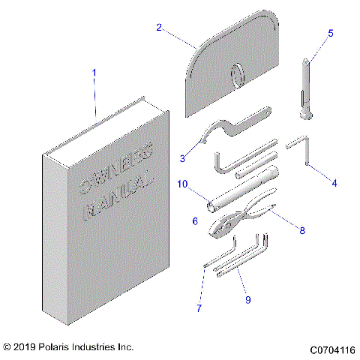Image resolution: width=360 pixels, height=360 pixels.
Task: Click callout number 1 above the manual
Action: coord(94,73)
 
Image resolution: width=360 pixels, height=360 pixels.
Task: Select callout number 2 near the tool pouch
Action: coord(159,28)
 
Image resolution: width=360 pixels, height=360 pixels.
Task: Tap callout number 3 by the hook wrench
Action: coord(182,158)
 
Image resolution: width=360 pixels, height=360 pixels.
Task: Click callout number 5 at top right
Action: coord(329,34)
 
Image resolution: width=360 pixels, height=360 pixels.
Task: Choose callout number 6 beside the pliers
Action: coord(195,221)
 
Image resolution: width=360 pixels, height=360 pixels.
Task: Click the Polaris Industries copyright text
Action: coord(68,348)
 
